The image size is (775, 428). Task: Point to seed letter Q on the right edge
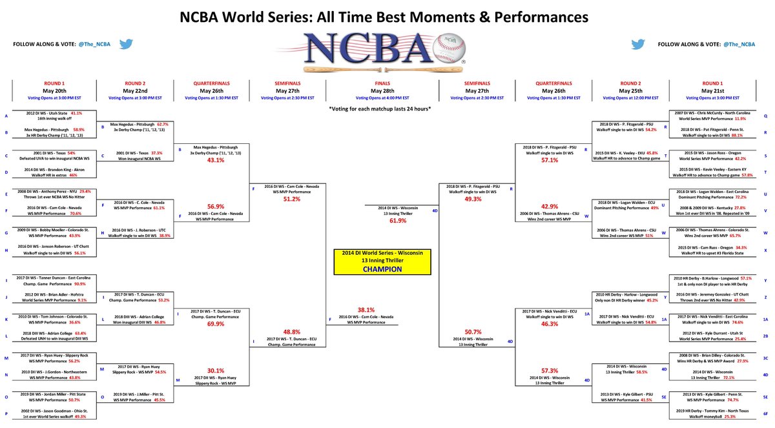coord(765,116)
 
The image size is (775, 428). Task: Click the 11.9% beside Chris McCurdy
coord(736,119)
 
